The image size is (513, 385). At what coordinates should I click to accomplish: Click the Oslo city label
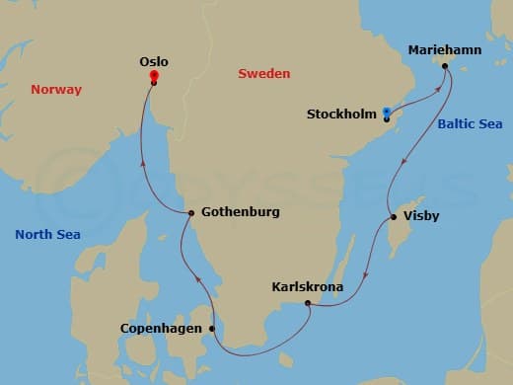coord(155,60)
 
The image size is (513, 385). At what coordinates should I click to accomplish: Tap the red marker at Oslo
coord(154,75)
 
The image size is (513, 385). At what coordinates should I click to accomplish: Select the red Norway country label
coord(55,89)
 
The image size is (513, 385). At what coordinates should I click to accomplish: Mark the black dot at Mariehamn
coord(445,67)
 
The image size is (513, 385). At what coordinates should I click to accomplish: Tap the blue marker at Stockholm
coord(387,113)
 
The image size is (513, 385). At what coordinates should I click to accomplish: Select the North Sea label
coord(47,234)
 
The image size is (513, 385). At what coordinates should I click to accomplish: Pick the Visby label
coord(421,216)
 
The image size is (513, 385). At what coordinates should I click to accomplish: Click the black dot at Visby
coord(394,217)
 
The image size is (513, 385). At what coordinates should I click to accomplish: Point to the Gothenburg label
coord(240,212)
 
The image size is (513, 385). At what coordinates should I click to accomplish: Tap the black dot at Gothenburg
coord(191,213)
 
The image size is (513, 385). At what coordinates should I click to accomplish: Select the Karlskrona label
coord(309,287)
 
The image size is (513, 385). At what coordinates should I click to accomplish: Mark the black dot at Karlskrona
coord(309,304)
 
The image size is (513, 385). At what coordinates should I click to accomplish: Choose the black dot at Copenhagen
coord(211,329)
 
